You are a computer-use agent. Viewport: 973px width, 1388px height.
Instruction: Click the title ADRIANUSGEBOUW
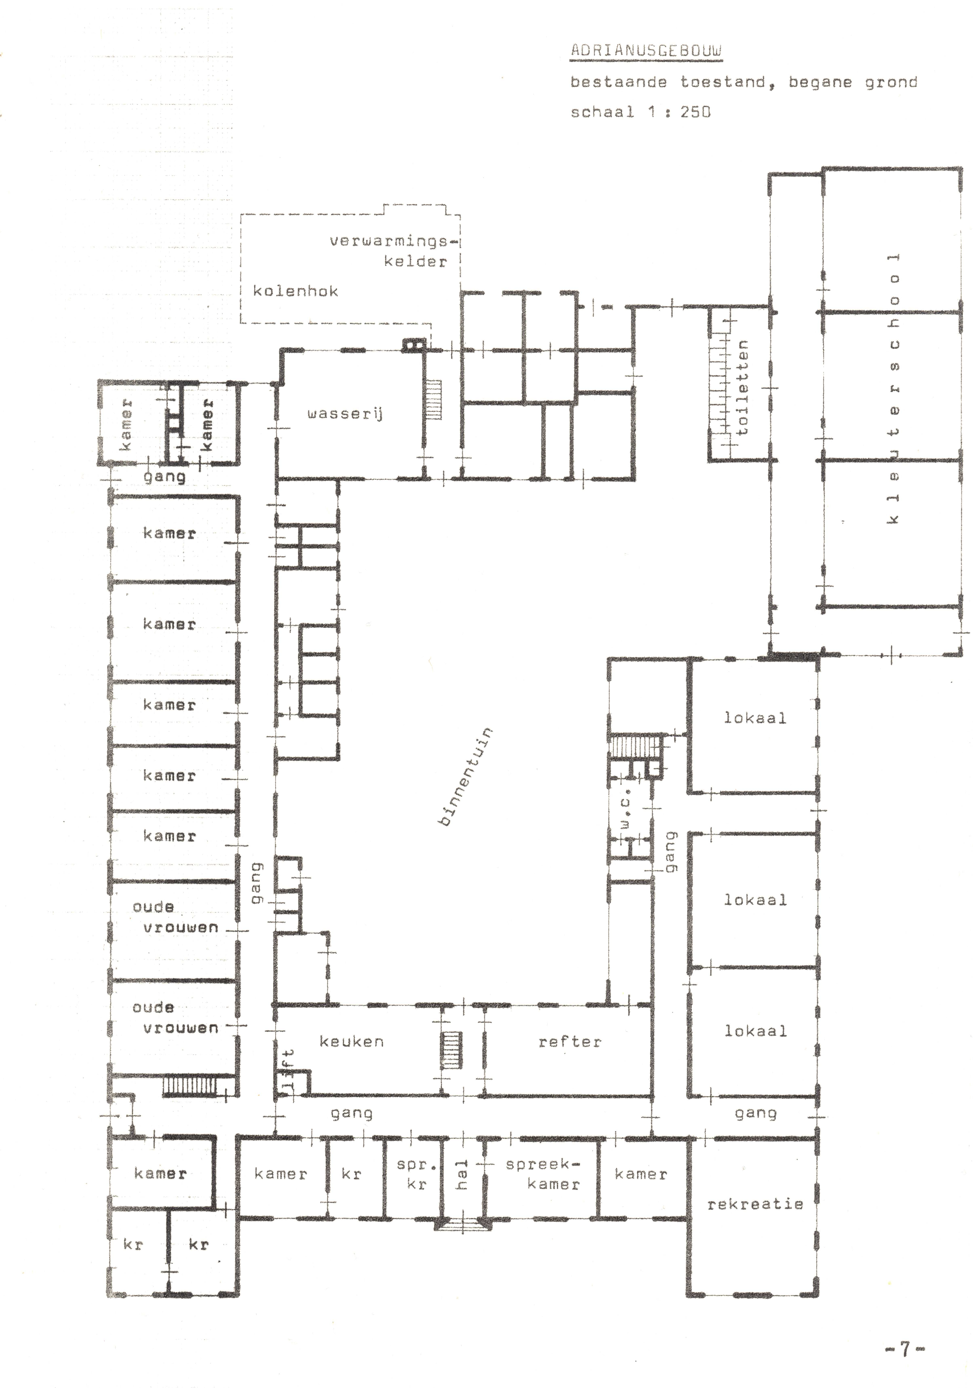(646, 51)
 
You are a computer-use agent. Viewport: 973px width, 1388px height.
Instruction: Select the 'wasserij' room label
(345, 414)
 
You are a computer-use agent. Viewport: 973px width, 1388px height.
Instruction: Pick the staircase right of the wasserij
(435, 400)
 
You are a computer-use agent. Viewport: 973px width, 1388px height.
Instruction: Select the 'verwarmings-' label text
(393, 241)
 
